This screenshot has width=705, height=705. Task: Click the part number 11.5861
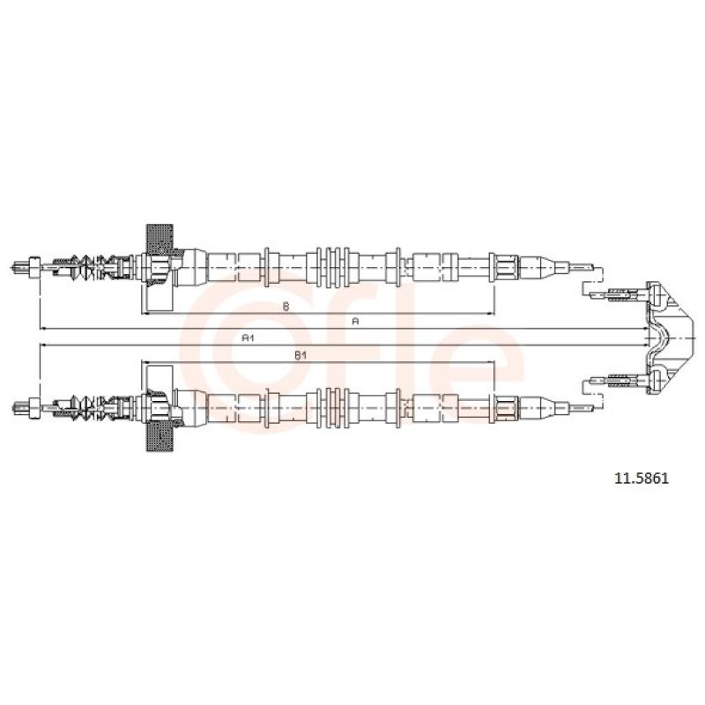click(x=642, y=478)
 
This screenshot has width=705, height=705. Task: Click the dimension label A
click(x=355, y=321)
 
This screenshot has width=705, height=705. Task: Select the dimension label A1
click(x=249, y=338)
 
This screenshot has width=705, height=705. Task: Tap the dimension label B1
click(x=301, y=355)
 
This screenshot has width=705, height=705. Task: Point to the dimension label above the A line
click(x=286, y=307)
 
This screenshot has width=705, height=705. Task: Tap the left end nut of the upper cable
click(x=34, y=267)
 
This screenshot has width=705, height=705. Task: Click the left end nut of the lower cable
click(x=34, y=408)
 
